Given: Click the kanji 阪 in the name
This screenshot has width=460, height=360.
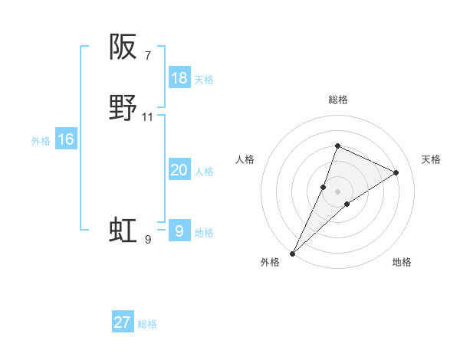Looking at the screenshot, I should [x=123, y=47].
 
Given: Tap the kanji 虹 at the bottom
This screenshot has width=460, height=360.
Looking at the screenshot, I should [x=123, y=231].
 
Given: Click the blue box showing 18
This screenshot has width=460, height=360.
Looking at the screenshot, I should [x=179, y=78].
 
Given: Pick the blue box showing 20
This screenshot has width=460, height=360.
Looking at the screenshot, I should [x=179, y=170].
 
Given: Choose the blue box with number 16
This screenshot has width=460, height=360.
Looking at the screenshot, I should [x=66, y=139].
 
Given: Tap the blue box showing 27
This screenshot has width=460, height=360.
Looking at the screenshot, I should [x=123, y=322].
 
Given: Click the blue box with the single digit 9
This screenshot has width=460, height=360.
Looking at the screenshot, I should [x=179, y=231].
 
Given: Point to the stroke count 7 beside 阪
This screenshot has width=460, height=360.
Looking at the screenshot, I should [x=147, y=55].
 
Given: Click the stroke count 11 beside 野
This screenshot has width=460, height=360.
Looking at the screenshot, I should [x=148, y=116].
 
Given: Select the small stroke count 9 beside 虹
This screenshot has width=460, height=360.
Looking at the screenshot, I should [x=147, y=239].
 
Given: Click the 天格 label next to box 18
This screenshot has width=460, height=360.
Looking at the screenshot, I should [x=203, y=80].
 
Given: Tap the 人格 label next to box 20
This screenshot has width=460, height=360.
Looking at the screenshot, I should [x=204, y=172].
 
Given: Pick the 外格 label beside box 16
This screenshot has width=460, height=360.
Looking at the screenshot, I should [x=41, y=141].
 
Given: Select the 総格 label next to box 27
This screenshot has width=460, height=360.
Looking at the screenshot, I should [x=147, y=324].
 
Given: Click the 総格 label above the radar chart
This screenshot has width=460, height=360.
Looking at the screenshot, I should [x=337, y=100].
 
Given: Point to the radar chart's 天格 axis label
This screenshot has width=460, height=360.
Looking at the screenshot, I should [x=432, y=159].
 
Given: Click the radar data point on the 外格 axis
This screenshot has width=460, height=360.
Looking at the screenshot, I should [x=292, y=253].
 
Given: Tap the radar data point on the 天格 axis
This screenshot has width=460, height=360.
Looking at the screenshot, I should [x=396, y=172].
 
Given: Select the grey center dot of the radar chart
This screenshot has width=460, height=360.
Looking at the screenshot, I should [x=337, y=191].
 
